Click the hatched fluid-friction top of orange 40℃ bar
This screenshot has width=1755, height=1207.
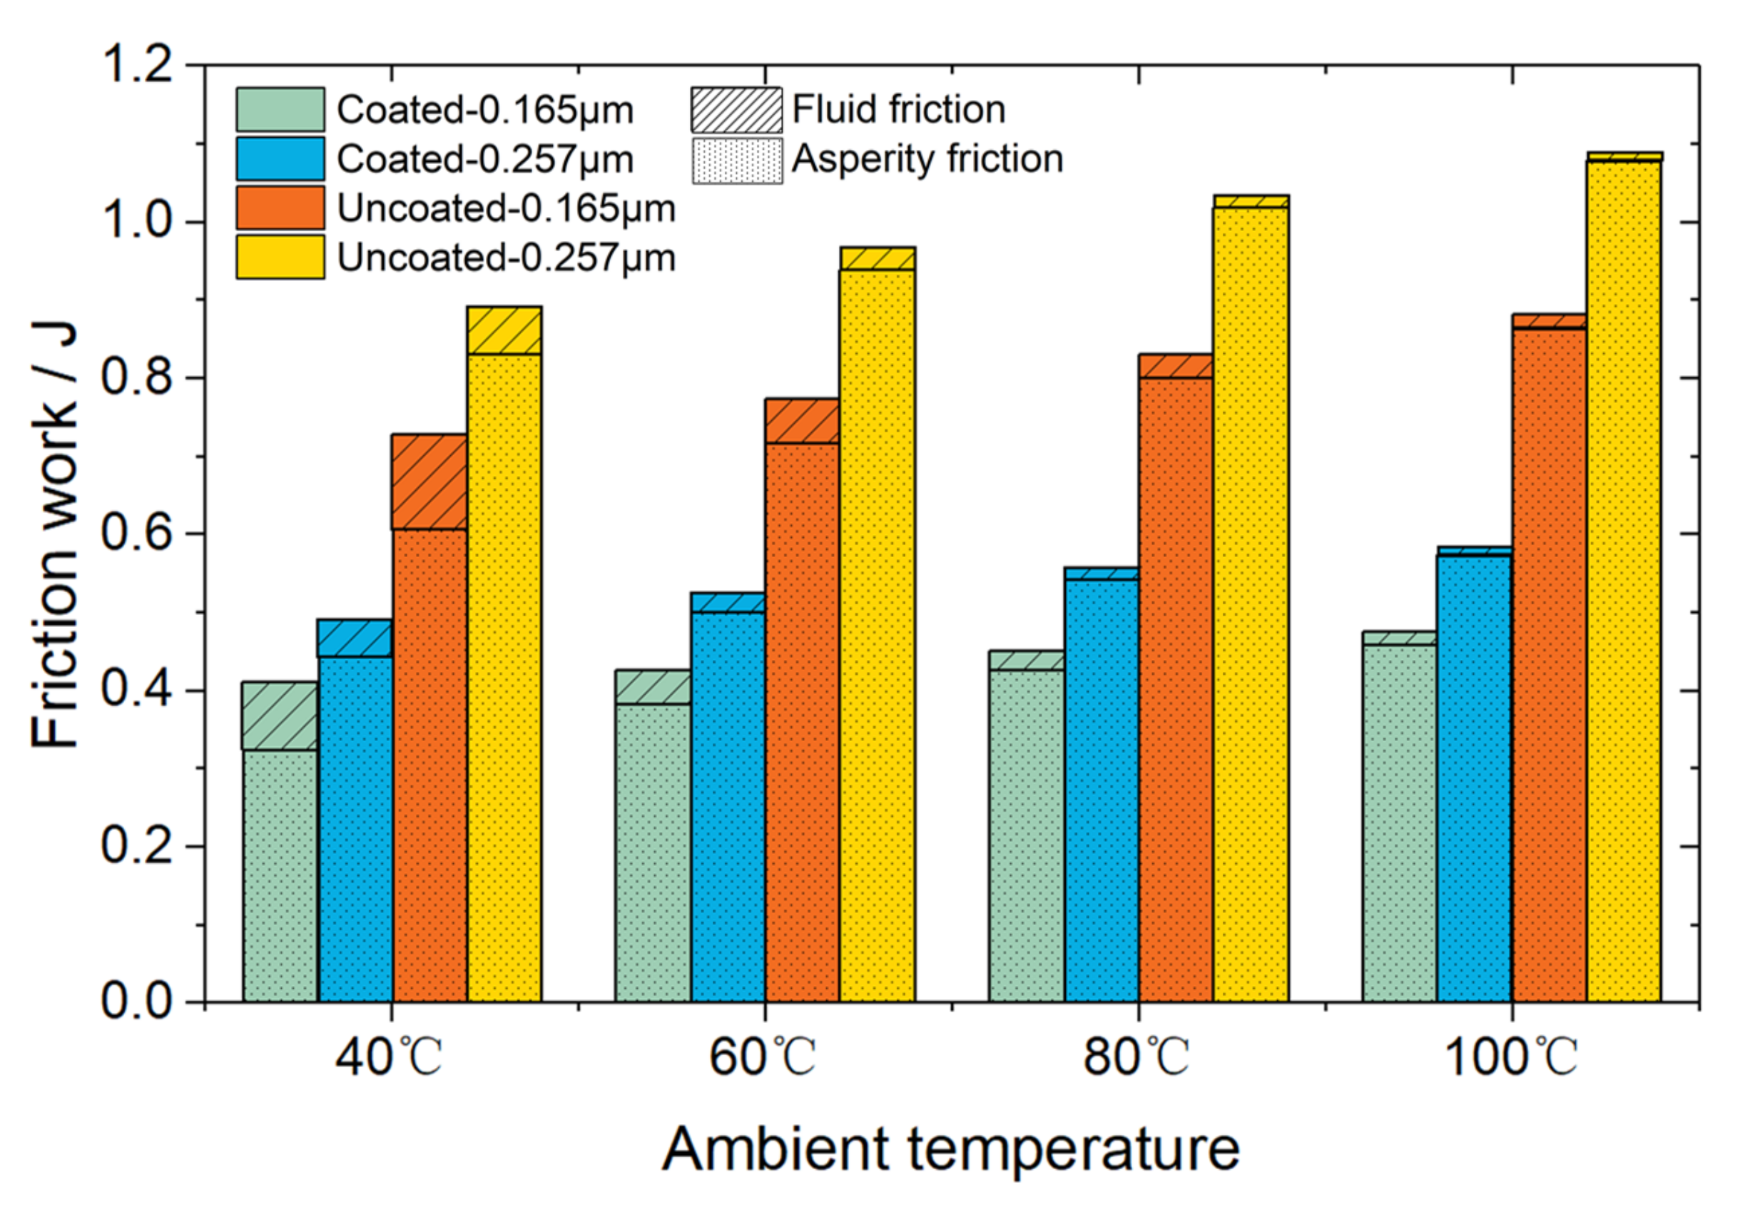429,482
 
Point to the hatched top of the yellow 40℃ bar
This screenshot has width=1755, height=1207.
504,330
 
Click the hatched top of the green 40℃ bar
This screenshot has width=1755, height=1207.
280,715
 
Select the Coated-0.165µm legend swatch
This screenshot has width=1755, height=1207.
280,110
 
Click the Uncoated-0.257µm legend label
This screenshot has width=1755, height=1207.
505,258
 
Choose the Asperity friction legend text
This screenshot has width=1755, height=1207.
927,160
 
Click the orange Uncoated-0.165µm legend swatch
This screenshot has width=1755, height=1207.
280,208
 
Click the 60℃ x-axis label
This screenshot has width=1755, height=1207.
762,1057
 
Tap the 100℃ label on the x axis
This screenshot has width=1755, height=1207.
1510,1057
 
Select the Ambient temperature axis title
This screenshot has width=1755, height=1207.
950,1148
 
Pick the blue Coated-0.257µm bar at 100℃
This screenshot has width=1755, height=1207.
1474,779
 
